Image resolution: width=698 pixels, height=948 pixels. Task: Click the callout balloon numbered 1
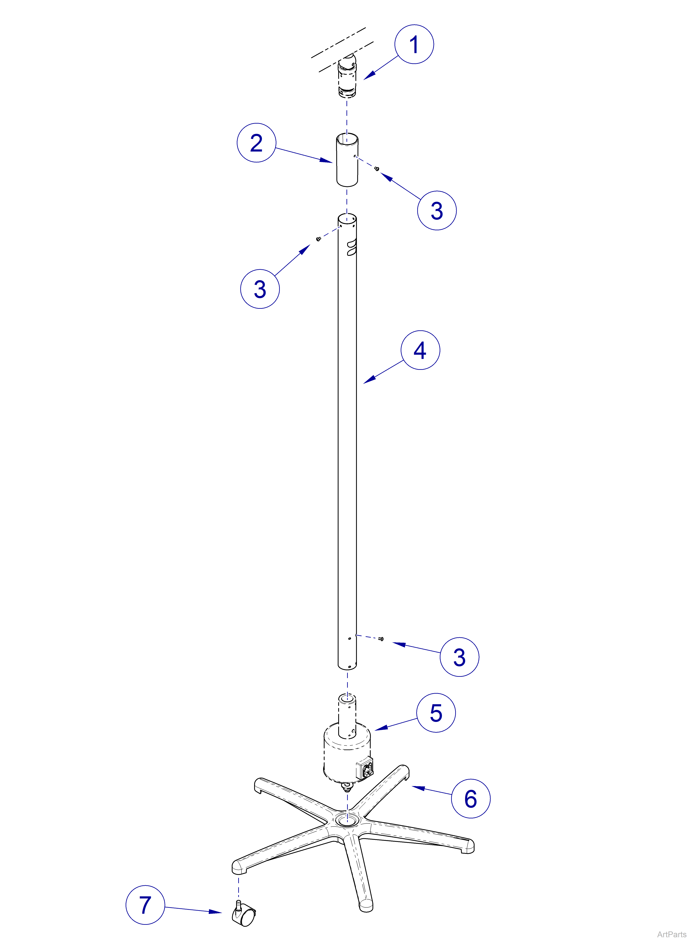point(414,44)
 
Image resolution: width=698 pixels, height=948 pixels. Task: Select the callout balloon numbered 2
point(256,143)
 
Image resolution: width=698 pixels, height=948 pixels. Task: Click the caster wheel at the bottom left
point(244,916)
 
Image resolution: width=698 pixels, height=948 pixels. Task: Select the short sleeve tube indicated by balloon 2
point(347,161)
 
